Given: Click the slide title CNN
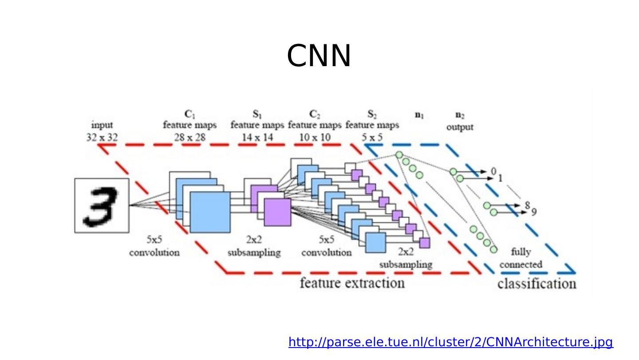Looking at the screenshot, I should pos(319,56).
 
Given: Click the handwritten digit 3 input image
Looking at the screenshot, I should pos(102,206).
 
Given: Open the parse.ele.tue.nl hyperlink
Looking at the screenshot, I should pos(450,342).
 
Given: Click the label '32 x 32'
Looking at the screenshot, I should pos(102,137).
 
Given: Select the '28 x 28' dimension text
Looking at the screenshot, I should pos(189,137).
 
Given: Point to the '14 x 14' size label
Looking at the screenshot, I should pos(257,137).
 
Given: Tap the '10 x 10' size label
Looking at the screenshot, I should pos(315,137).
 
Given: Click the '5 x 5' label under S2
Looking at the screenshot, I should pos(372,137).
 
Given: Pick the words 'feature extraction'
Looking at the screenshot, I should pos(352,283).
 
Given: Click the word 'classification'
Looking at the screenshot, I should pos(536,284).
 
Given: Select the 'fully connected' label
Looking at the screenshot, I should pos(521,258).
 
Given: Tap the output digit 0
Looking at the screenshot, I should pos(493,171).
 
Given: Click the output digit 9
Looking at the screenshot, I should pos(534,212).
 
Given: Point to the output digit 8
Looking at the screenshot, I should pos(527,205).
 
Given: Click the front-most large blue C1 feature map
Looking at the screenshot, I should pos(210,212).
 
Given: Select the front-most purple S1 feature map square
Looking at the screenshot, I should pos(277,212).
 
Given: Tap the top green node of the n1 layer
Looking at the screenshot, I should pos(399,155).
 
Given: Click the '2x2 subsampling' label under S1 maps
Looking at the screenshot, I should pos(254,246).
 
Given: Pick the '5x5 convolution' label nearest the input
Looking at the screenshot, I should pos(154,246).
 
